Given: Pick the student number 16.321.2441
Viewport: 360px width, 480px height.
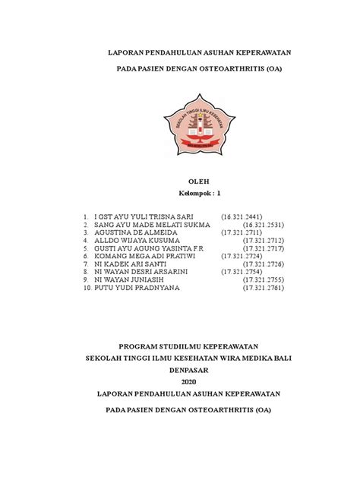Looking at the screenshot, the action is (242, 217).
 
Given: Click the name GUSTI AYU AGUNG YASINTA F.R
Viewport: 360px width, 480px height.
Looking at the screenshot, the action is (148, 248).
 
